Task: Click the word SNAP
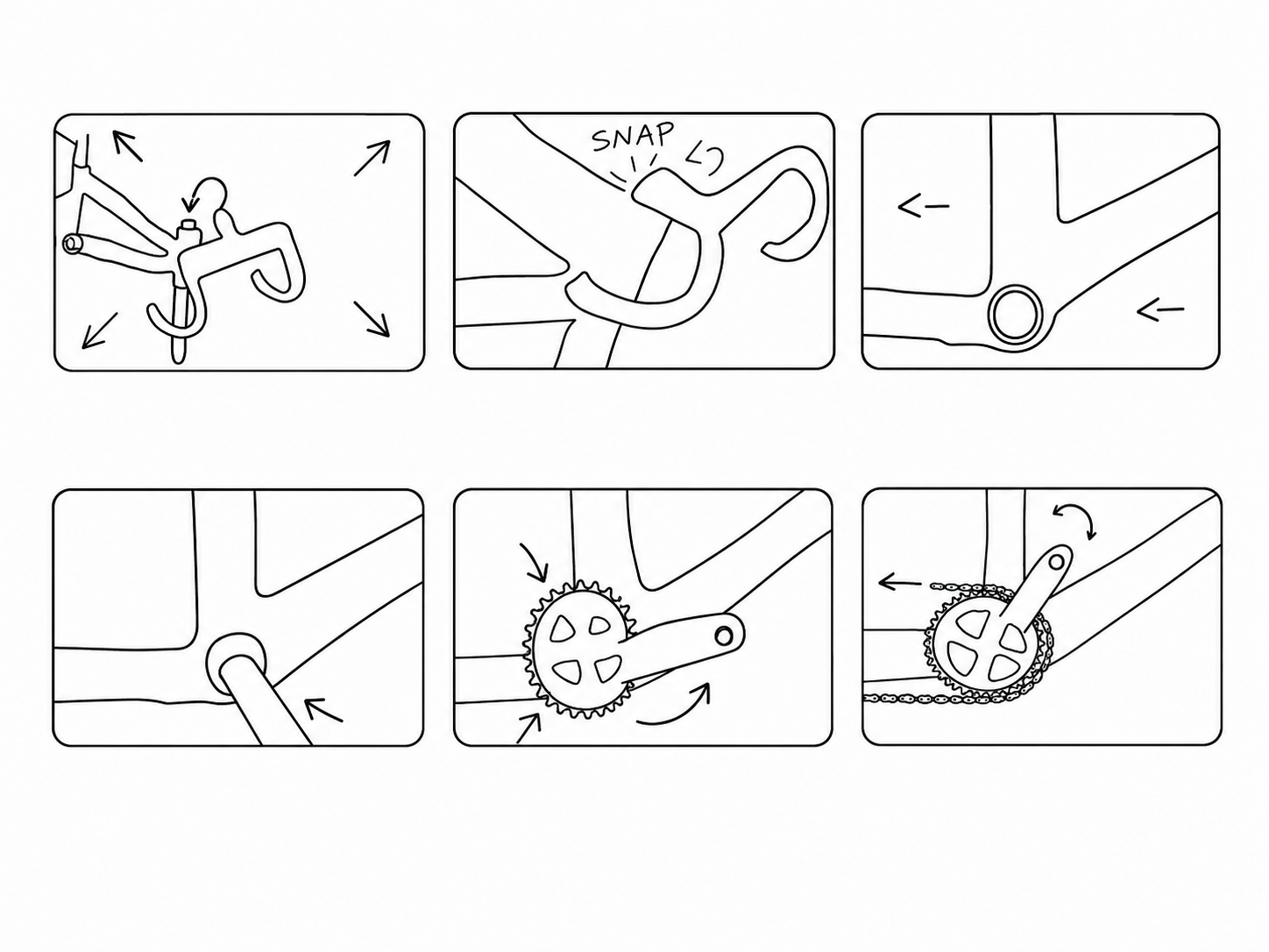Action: [633, 138]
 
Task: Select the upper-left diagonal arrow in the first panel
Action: [126, 146]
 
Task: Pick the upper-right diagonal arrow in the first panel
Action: [372, 157]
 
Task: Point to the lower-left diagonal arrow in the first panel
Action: [100, 330]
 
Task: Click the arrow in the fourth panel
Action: [323, 709]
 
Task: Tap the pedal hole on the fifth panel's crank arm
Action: [723, 636]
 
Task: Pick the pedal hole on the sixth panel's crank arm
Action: [1056, 561]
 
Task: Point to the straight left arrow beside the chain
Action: [899, 583]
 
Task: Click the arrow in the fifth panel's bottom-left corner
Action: [528, 728]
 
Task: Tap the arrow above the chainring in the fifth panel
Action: [535, 561]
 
